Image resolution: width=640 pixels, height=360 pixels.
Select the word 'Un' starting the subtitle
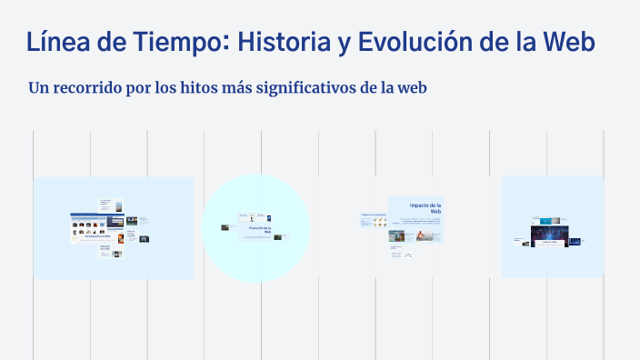click(x=39, y=88)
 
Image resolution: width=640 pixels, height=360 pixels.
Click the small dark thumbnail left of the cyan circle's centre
click(x=225, y=227)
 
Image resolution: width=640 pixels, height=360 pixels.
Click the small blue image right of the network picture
click(x=575, y=240)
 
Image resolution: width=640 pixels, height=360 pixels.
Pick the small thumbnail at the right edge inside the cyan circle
click(x=278, y=236)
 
